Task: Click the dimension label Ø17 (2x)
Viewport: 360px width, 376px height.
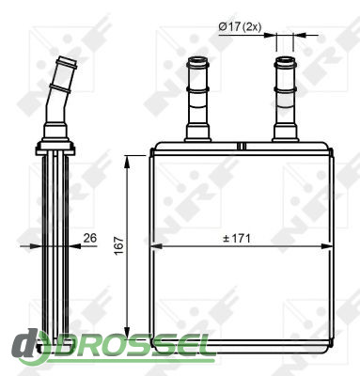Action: point(240,27)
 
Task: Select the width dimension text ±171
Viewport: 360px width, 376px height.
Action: point(237,239)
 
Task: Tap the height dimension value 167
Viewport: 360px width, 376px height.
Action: point(119,245)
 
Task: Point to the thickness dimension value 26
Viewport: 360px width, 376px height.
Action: point(90,238)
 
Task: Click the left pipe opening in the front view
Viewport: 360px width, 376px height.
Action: point(197,60)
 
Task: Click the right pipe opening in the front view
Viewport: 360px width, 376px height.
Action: point(285,60)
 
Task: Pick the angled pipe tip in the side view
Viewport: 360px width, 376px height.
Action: point(68,61)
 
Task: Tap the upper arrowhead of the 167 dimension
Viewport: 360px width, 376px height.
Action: point(127,162)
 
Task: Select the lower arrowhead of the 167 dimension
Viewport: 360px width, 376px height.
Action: point(127,333)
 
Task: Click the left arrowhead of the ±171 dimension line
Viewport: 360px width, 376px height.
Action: point(156,246)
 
